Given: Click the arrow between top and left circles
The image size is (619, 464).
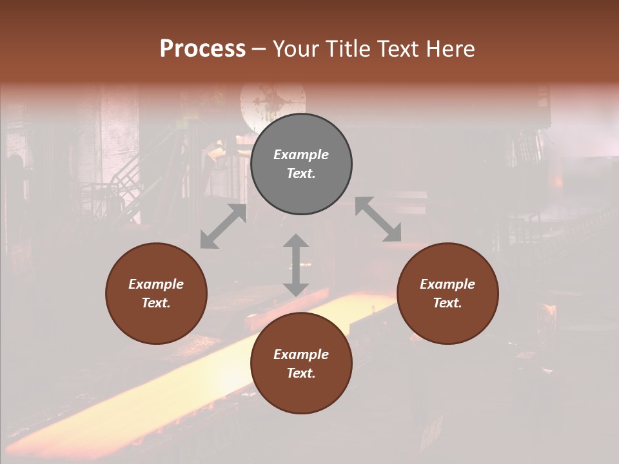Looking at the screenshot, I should (x=223, y=226).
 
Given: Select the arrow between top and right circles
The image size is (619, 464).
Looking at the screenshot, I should (x=378, y=220).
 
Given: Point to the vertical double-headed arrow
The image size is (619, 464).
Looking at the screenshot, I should (x=295, y=265).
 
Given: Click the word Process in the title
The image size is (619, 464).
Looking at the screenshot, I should (x=202, y=49).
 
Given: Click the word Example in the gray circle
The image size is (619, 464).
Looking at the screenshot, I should (x=301, y=155).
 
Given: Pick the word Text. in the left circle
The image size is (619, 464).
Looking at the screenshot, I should (x=156, y=303).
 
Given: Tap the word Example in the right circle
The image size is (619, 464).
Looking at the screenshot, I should (x=447, y=284).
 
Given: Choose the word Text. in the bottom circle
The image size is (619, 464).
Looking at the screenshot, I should (x=301, y=373).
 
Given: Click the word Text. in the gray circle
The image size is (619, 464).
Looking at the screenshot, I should (x=301, y=173).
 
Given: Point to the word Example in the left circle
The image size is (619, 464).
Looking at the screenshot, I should (x=156, y=284).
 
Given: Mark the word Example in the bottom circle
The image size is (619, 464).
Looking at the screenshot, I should (x=301, y=354).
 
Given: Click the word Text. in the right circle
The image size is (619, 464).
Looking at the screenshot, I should (x=447, y=303).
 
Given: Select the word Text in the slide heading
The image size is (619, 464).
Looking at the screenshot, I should (x=397, y=49).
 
